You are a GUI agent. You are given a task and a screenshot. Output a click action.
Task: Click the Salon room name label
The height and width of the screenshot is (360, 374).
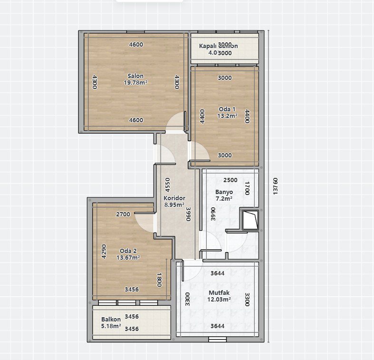(135, 76)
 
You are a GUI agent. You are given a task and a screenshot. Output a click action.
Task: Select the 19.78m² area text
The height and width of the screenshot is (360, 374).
(135, 82)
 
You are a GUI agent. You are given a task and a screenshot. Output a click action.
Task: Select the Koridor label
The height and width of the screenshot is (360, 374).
(174, 198)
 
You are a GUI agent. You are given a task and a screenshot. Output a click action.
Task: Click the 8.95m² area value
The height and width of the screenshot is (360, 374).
(174, 204)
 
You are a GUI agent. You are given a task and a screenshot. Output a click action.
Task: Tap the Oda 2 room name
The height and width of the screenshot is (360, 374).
(128, 251)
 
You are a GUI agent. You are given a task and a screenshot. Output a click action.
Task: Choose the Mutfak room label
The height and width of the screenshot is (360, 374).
(219, 292)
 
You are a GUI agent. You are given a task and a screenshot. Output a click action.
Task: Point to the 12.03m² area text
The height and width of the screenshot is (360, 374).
(219, 299)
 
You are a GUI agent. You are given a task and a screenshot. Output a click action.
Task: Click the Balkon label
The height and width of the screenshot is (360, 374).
(111, 320)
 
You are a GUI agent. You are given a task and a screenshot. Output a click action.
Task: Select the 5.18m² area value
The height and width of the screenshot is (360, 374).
(111, 326)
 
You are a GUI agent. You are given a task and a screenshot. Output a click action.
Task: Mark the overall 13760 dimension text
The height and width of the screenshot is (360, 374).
(275, 186)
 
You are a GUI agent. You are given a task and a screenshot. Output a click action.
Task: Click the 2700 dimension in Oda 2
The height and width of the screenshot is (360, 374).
(123, 214)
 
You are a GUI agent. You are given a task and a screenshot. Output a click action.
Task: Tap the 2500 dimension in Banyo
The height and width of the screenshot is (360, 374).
(230, 180)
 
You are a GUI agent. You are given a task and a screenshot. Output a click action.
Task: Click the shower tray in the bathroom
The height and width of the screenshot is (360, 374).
(250, 219)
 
